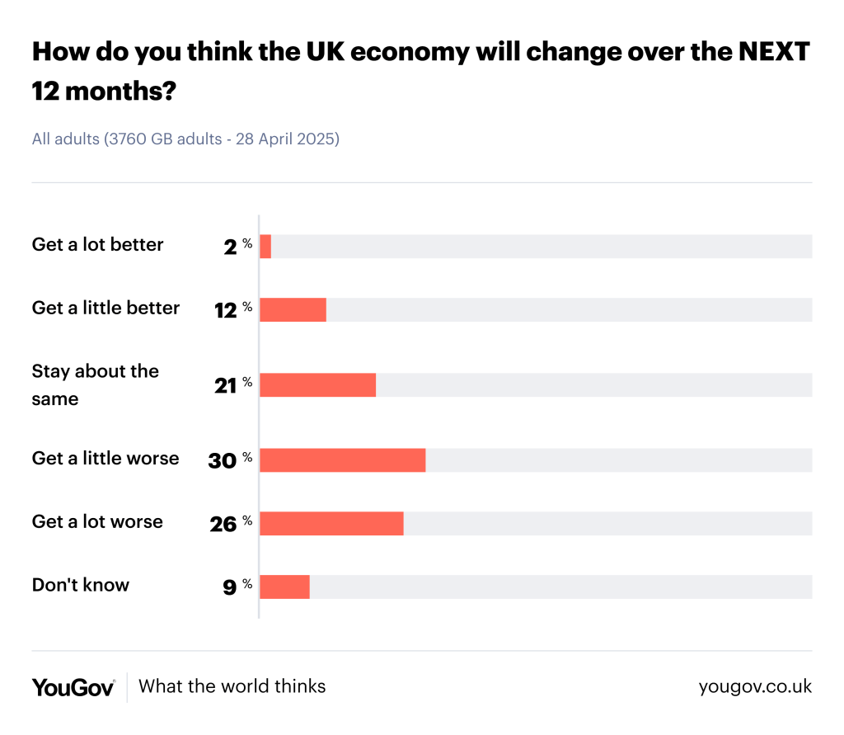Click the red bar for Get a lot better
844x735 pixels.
(x=265, y=246)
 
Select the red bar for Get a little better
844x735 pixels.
(x=293, y=309)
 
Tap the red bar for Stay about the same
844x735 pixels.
(x=317, y=385)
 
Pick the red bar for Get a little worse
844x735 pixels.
(x=342, y=460)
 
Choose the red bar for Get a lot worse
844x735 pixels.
(x=331, y=523)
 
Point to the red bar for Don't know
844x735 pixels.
(x=284, y=587)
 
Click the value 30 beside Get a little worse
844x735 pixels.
(x=223, y=461)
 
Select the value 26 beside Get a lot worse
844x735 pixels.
(x=223, y=524)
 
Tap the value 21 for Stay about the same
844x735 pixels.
(x=225, y=386)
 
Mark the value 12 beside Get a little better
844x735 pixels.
(x=225, y=310)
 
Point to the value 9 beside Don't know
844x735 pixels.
(x=230, y=587)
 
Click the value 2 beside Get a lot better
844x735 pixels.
(x=230, y=247)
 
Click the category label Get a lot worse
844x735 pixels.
(x=97, y=521)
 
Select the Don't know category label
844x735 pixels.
(x=81, y=585)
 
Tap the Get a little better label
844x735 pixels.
(x=105, y=308)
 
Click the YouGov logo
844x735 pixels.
(x=73, y=686)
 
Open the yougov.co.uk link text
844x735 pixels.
(x=755, y=686)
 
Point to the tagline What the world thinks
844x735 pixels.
(x=232, y=686)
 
